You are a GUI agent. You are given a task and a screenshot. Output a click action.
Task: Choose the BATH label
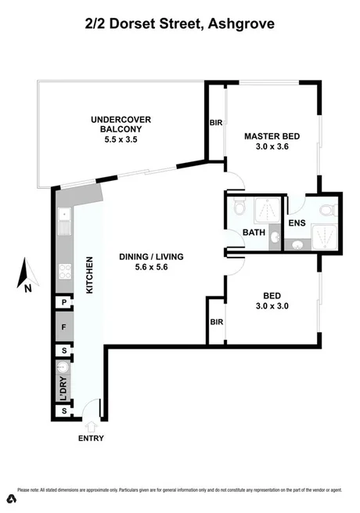pyautogui.click(x=254, y=233)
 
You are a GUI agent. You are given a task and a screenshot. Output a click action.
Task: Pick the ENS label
pyautogui.click(x=296, y=224)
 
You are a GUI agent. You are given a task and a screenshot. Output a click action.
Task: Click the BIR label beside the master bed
pyautogui.click(x=217, y=123)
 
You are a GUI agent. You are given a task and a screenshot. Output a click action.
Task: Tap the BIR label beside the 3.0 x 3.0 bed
pyautogui.click(x=217, y=322)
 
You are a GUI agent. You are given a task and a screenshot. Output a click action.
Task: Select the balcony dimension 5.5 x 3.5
pyautogui.click(x=121, y=139)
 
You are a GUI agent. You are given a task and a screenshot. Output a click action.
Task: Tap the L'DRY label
pyautogui.click(x=63, y=389)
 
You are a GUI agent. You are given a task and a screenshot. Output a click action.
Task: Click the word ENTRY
pyautogui.click(x=90, y=438)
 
